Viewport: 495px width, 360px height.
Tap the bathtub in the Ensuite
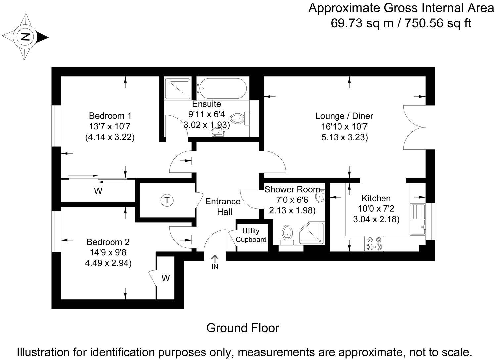point(221,89)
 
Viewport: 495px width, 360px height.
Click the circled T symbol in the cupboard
point(167,200)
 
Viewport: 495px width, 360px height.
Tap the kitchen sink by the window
point(418,219)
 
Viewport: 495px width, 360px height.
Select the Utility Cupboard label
point(251,235)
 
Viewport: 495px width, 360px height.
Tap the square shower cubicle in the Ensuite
point(178,89)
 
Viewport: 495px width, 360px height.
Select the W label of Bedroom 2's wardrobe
point(166,278)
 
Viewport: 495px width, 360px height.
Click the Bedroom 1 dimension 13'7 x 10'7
point(110,126)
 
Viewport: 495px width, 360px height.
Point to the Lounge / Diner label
point(344,116)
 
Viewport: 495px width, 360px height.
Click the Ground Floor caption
point(243,328)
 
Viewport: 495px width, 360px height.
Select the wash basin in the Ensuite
point(217,132)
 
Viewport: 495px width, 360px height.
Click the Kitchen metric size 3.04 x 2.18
point(376,219)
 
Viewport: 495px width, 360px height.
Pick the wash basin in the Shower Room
point(320,197)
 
